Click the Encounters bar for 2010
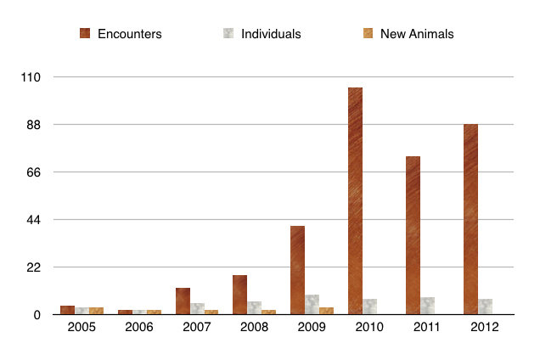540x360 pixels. (355, 201)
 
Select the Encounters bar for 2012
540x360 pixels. (470, 219)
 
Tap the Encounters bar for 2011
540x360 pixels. (413, 235)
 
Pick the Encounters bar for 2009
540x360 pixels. (297, 270)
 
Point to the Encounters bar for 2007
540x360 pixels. (183, 301)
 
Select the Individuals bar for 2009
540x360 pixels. (312, 305)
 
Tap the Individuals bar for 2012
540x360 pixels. (485, 307)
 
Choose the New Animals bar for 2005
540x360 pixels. (96, 311)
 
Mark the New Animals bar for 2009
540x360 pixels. (326, 311)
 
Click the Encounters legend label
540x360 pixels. (129, 34)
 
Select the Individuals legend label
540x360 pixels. (271, 34)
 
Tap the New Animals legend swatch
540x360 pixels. (368, 34)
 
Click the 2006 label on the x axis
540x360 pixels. (139, 327)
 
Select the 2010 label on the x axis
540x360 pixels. (369, 327)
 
